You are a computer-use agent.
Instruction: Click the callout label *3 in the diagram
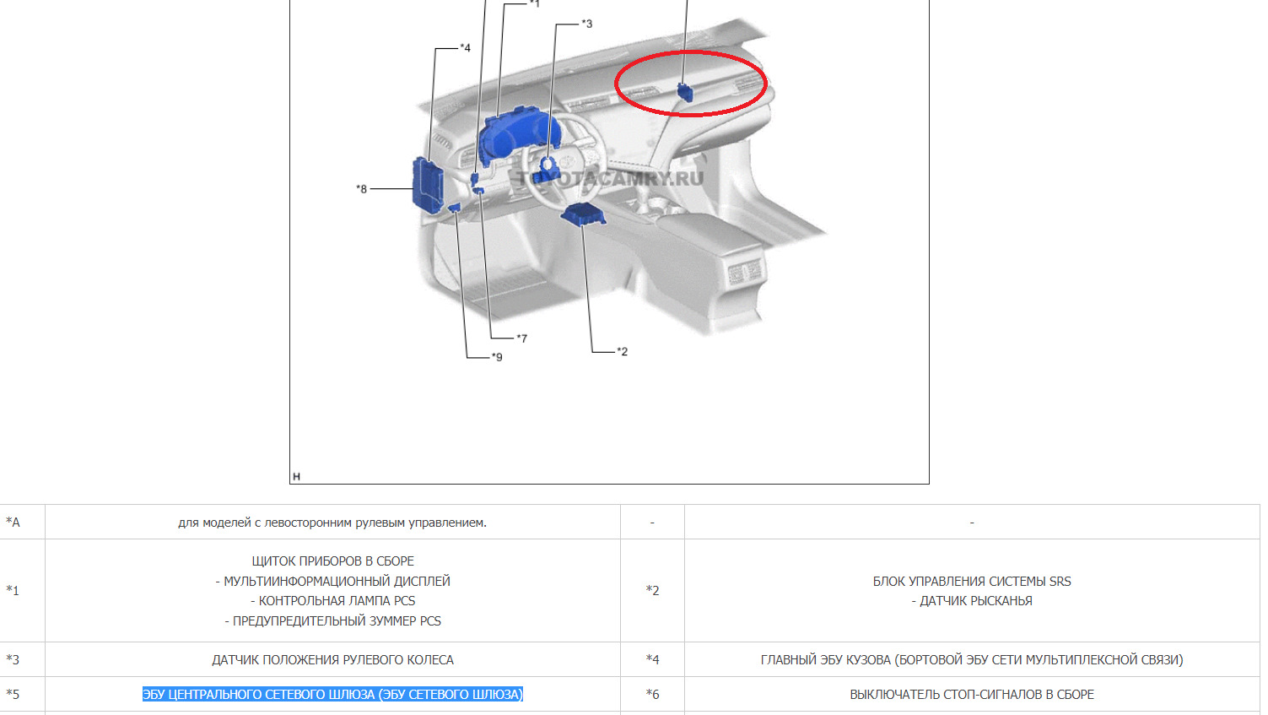point(587,24)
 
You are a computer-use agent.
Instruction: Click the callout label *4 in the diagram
point(465,47)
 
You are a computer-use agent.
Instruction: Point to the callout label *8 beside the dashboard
point(361,188)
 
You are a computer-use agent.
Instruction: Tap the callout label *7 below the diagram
point(521,339)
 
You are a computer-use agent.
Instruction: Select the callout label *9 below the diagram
point(496,357)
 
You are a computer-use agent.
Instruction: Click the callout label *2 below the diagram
point(622,351)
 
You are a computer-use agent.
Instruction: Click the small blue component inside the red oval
point(685,92)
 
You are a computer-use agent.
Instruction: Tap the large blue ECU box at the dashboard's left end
point(429,185)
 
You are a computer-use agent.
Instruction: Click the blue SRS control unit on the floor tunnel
point(583,214)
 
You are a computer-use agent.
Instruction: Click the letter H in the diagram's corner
point(296,476)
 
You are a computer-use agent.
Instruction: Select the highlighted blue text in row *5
point(333,694)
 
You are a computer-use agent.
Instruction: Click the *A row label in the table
point(13,522)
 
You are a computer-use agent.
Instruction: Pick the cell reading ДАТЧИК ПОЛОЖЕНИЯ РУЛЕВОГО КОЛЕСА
point(333,659)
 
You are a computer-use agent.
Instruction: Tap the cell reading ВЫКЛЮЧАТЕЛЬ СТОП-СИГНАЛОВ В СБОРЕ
point(972,694)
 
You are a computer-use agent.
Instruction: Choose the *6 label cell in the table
point(652,694)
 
